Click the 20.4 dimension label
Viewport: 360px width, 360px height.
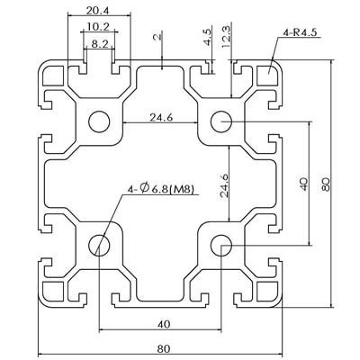(x=98, y=11)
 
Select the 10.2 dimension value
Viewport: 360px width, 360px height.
(x=98, y=27)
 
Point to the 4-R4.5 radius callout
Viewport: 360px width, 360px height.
(x=300, y=32)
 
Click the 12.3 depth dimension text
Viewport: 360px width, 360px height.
(x=226, y=37)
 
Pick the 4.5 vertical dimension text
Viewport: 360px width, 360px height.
(x=208, y=37)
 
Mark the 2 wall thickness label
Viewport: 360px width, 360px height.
(x=157, y=37)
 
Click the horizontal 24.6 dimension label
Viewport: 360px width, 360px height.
(x=161, y=118)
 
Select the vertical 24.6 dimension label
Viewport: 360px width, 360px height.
(x=224, y=186)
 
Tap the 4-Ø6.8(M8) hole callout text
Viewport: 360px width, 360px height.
(x=161, y=189)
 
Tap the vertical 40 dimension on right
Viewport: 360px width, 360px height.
(x=304, y=184)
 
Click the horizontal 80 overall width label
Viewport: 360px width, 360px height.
(x=164, y=349)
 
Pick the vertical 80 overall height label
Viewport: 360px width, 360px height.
(x=326, y=184)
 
